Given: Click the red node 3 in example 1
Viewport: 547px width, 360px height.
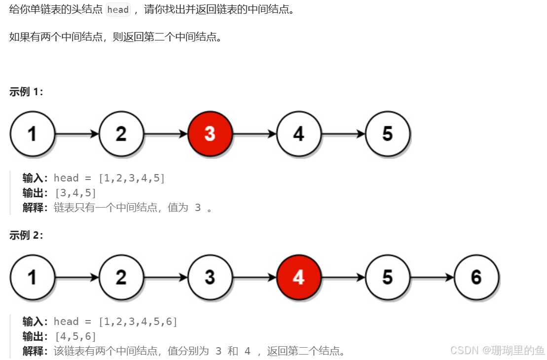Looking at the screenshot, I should (x=210, y=134).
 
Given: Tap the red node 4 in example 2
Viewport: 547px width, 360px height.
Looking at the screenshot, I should (x=298, y=277).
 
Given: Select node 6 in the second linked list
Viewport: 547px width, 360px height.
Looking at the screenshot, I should (x=476, y=277).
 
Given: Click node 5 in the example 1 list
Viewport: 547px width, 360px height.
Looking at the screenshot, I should (x=387, y=134).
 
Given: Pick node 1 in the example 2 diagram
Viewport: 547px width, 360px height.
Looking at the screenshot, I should (x=32, y=277).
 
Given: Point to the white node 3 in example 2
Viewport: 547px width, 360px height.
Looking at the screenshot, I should (x=210, y=277).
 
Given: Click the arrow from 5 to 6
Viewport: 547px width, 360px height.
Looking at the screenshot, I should (x=432, y=278).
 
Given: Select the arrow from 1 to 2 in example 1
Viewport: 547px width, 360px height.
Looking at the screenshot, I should (x=77, y=134).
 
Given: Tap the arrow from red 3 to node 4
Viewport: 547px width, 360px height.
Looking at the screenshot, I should (x=254, y=134).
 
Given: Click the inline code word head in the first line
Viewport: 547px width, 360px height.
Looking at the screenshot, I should (x=118, y=10).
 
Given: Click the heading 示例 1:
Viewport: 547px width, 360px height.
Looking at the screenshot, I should (x=26, y=92).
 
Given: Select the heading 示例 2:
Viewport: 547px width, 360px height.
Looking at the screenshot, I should (x=26, y=235).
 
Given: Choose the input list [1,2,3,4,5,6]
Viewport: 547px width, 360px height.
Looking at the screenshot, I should (x=138, y=322).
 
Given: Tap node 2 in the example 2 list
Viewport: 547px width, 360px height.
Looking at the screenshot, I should (x=121, y=277).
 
